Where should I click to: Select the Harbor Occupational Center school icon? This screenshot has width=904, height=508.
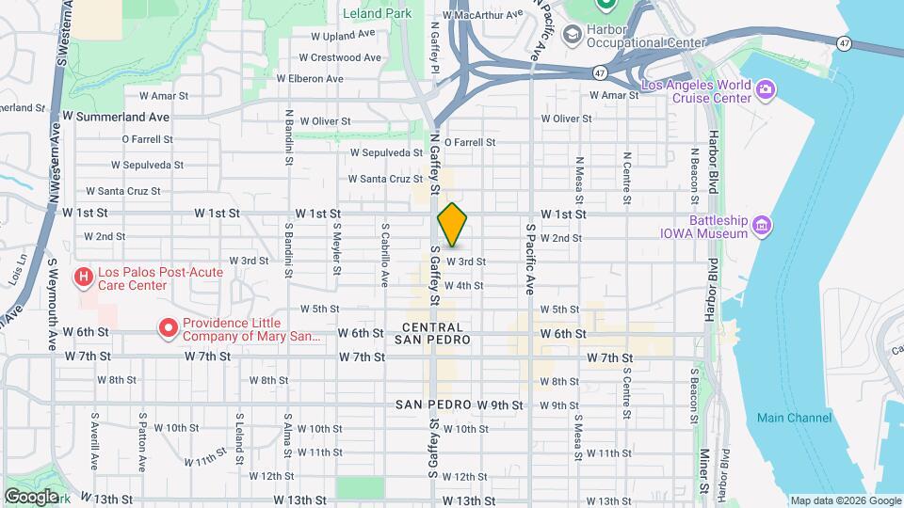pos(571,36)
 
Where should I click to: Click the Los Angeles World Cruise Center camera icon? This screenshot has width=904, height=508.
pos(767,89)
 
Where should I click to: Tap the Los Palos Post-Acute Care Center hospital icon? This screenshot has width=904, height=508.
pos(84,278)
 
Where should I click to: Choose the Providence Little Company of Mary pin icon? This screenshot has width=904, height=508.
pos(169,328)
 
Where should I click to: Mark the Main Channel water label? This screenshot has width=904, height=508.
pos(794,418)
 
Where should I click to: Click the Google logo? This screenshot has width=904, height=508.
pos(31,496)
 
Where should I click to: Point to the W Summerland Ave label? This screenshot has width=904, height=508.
pos(116,117)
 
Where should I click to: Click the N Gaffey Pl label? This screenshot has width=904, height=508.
pos(435,47)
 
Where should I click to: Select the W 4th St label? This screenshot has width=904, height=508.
pos(463,285)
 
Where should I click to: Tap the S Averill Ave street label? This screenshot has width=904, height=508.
pos(95,440)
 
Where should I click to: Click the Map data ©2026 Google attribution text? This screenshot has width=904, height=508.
pos(844,500)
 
